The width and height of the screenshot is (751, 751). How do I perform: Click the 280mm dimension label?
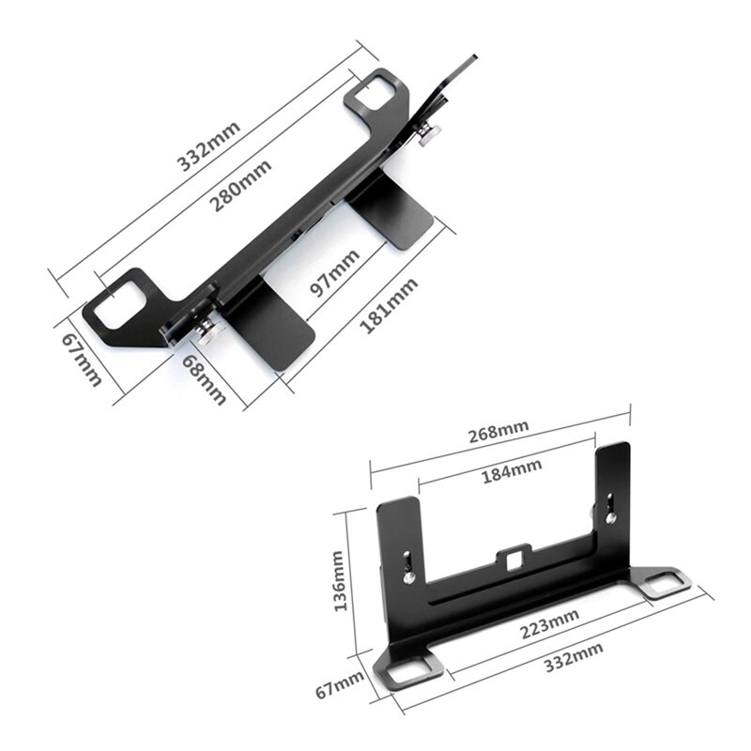tap(241, 185)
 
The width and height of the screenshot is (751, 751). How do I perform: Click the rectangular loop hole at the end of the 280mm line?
tap(379, 91)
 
